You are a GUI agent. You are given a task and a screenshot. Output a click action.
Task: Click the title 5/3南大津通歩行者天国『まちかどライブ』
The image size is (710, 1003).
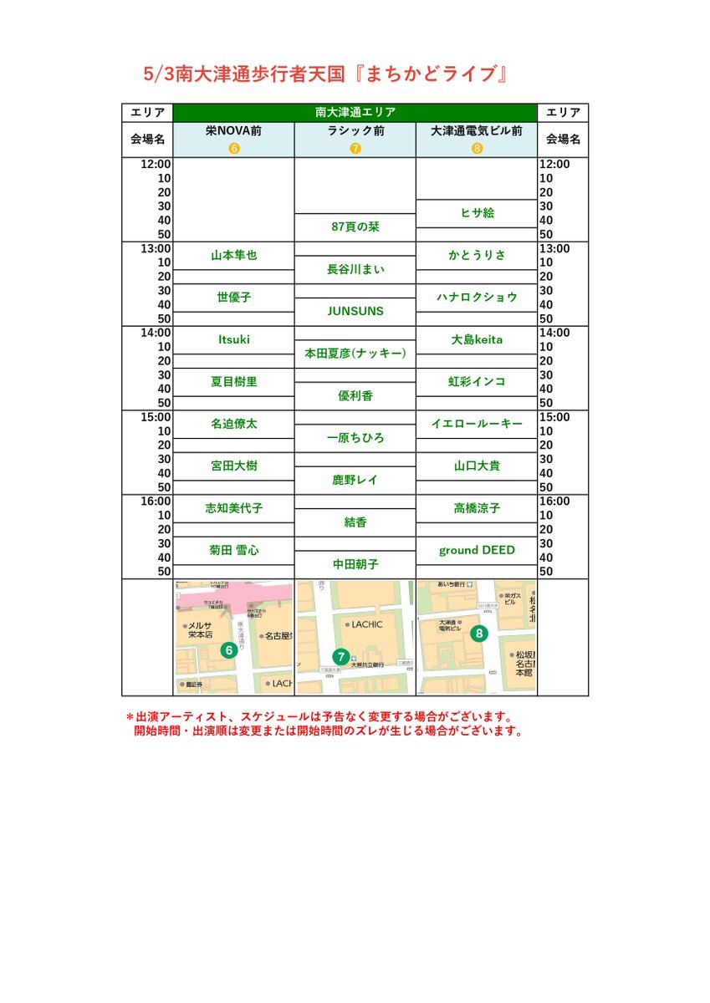point(327,74)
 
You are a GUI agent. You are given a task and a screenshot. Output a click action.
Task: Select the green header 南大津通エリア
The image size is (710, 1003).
point(355,112)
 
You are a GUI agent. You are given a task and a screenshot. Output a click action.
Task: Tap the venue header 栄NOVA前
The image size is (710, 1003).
point(233,131)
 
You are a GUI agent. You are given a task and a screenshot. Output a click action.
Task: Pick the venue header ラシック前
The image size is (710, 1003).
point(355,131)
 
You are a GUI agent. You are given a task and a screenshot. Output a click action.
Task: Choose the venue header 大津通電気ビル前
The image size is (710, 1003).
point(477,131)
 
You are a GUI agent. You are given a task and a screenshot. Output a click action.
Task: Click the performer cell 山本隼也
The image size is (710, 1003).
point(233,256)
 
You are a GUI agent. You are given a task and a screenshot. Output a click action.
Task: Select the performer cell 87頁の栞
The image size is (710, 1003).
point(355,227)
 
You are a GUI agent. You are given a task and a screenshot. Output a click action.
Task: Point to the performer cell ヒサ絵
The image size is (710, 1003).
point(477,213)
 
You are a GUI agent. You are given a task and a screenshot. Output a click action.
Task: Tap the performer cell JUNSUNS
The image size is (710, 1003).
point(355,311)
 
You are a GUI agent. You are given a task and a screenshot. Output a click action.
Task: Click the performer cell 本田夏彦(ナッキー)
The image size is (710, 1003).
point(355,354)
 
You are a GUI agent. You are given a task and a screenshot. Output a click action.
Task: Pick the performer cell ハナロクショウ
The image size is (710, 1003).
point(477,298)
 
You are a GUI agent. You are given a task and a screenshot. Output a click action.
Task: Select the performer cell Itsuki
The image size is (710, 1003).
point(233,339)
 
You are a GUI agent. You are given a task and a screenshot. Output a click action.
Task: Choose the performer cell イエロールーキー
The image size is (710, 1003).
point(477,424)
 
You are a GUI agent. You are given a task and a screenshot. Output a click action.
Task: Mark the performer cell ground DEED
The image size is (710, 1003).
point(477,550)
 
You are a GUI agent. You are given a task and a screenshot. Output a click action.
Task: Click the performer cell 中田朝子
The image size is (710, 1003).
point(355,564)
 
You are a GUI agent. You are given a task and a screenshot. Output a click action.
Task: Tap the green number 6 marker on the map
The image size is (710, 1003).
point(227,649)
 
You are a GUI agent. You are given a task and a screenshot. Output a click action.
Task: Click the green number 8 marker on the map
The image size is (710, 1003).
point(478,634)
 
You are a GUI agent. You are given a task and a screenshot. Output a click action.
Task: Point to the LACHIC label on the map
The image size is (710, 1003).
point(367,624)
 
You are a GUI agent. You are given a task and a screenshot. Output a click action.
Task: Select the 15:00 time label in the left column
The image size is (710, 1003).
point(157,417)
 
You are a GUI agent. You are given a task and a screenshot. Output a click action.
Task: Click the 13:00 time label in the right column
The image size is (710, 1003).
point(554,248)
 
